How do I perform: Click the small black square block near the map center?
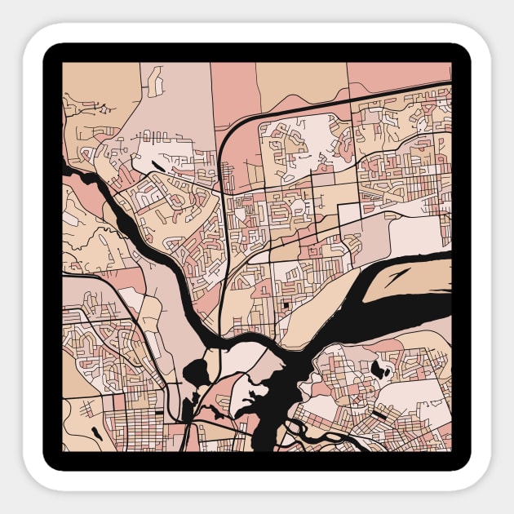(x=287, y=306)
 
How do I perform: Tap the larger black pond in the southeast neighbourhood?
(x=377, y=369)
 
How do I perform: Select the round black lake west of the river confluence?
(x=197, y=374)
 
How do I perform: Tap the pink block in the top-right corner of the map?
(x=400, y=75)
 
